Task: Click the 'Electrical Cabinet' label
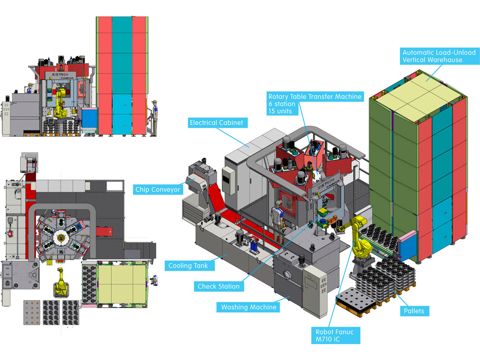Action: [x=216, y=122]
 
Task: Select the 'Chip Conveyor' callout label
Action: [x=158, y=190]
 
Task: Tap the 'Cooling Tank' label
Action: [x=188, y=265]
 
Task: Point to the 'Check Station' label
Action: [x=218, y=287]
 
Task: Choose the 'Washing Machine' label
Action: [x=249, y=307]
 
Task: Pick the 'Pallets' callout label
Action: [x=414, y=311]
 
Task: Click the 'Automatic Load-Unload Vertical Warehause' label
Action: [x=432, y=56]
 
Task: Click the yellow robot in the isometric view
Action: [x=359, y=240]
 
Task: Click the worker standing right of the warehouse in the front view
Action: [x=154, y=115]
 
